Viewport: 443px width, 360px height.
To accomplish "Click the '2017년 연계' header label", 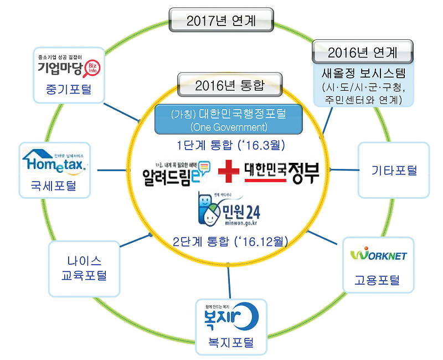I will pyautogui.click(x=222, y=22).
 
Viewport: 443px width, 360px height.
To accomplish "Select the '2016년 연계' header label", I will pyautogui.click(x=363, y=53).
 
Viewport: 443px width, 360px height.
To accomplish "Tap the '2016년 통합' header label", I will pyautogui.click(x=229, y=85).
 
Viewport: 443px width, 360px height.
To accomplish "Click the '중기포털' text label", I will pyautogui.click(x=69, y=90).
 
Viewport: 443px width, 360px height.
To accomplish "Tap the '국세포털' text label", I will pyautogui.click(x=54, y=186).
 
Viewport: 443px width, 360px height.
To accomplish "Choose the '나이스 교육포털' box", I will pyautogui.click(x=84, y=268).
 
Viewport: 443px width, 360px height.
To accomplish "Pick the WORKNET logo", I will pyautogui.click(x=379, y=255).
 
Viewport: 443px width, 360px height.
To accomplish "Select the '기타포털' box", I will pyautogui.click(x=394, y=170).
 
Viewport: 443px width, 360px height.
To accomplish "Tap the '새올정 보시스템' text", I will pyautogui.click(x=363, y=73).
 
